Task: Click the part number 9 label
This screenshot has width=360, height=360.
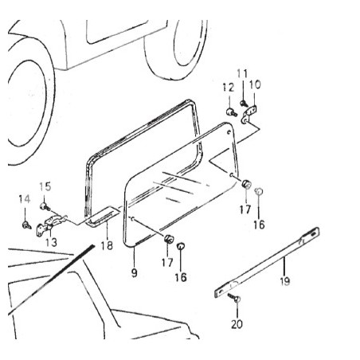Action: coord(135,273)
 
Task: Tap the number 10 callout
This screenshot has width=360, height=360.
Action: coord(255,84)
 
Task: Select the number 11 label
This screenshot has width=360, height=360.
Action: coord(242,73)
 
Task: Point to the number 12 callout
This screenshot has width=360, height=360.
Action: coord(229,88)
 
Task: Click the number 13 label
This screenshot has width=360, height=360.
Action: coord(51,242)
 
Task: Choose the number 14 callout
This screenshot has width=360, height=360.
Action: coord(25,199)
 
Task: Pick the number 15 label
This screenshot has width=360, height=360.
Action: coord(45,186)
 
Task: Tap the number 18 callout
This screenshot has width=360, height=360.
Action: coord(107,245)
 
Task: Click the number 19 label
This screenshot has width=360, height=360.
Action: coord(285,281)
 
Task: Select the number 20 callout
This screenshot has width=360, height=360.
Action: coord(237,324)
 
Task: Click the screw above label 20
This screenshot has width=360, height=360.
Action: coord(234,297)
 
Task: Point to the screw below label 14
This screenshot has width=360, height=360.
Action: coord(26,225)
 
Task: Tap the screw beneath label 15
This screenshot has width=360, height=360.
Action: coord(45,206)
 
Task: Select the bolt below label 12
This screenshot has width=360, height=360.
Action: coord(232,112)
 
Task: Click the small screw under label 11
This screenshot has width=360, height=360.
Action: coord(244,104)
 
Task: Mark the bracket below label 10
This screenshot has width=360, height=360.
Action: coord(249,114)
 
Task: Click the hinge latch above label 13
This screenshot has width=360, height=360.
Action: coord(50,225)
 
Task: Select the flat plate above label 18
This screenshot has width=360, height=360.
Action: coord(103,216)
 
